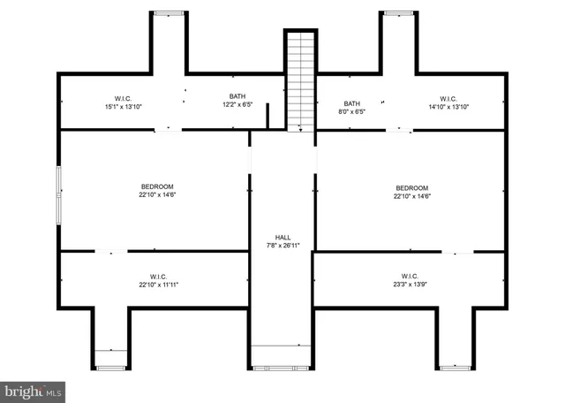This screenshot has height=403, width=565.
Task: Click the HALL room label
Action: (282, 237)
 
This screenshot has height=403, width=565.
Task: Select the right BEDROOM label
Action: (411, 187)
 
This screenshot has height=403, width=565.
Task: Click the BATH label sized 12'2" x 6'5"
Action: (237, 97)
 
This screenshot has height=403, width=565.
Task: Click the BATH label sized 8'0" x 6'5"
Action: (352, 103)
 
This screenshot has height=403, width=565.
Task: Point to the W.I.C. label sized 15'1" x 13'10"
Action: (122, 97)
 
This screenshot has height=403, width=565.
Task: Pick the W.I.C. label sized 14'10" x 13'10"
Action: (448, 98)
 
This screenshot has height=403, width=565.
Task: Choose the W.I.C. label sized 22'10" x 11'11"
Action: (153, 277)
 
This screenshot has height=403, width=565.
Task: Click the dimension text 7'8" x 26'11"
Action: (282, 246)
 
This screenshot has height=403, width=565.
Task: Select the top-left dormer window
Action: (168, 13)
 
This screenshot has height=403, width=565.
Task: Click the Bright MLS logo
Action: (34, 389)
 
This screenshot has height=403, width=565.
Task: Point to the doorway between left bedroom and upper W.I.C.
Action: (168, 131)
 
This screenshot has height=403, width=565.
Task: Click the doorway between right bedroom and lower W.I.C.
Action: (456, 253)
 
